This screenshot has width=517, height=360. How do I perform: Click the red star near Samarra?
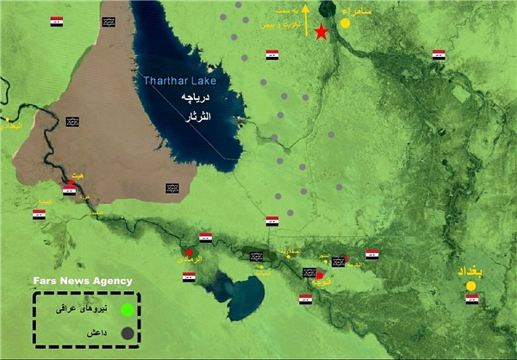tap(321, 32)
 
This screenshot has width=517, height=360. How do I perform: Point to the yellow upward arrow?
tap(306, 20)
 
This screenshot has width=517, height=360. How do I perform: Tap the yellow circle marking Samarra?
tap(345, 23)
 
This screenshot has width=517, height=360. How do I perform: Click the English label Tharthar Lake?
tap(180, 81)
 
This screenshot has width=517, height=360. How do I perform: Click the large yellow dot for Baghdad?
tap(471, 286)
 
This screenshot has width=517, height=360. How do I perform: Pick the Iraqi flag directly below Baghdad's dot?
tap(472, 299)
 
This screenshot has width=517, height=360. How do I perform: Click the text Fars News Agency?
tap(83, 281)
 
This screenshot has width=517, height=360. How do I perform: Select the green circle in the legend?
tap(127, 309)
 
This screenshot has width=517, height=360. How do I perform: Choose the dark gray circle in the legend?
tap(127, 333)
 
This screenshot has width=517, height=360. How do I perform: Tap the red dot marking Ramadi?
tap(189, 252)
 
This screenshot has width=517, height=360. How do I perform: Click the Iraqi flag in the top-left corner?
tap(56, 22)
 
